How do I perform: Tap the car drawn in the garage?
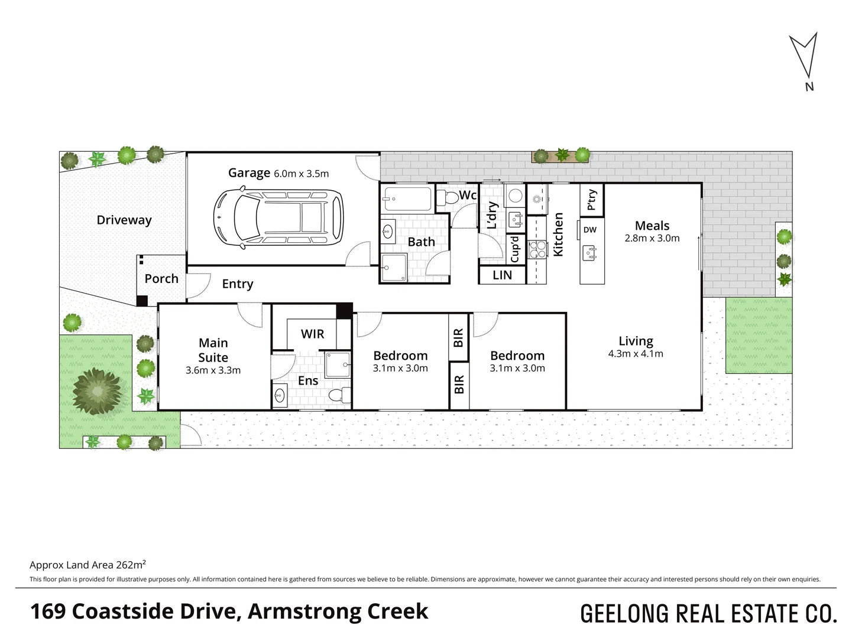pyautogui.click(x=278, y=217)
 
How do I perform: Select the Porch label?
pyautogui.click(x=161, y=278)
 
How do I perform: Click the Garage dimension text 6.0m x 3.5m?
pyautogui.click(x=301, y=173)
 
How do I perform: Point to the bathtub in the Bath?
pyautogui.click(x=407, y=198)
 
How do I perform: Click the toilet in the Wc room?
pyautogui.click(x=448, y=198)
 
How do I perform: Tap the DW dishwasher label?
pyautogui.click(x=589, y=230)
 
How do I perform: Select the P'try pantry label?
pyautogui.click(x=591, y=200)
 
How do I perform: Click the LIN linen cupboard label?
pyautogui.click(x=503, y=275)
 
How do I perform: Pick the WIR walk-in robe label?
pyautogui.click(x=312, y=334)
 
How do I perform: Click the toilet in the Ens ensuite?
pyautogui.click(x=339, y=395)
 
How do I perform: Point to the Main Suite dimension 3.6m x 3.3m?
pyautogui.click(x=213, y=370)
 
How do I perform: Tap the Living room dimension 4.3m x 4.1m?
pyautogui.click(x=636, y=353)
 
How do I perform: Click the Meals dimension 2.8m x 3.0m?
pyautogui.click(x=652, y=237)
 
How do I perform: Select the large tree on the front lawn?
pyautogui.click(x=96, y=391)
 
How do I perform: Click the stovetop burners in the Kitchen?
pyautogui.click(x=537, y=249)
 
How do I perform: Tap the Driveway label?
pyautogui.click(x=124, y=220)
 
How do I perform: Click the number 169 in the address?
pyautogui.click(x=47, y=611)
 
